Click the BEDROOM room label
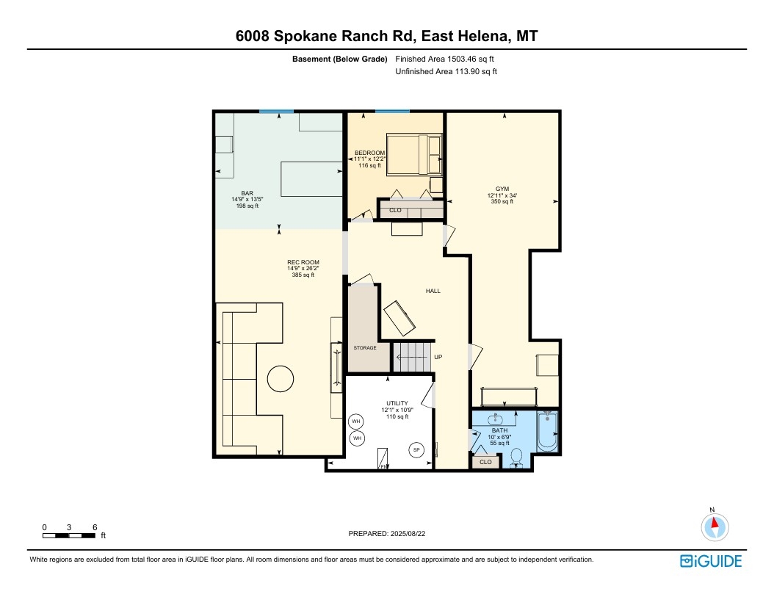tap(369, 153)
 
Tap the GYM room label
tap(502, 189)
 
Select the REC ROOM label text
tap(303, 262)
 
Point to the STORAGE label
tap(365, 347)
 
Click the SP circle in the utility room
tap(416, 449)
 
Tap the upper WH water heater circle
tap(357, 421)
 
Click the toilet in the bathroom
tap(516, 457)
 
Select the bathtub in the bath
tap(547, 433)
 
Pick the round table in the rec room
tap(280, 379)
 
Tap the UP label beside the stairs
tap(438, 357)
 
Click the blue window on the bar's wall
tap(276, 111)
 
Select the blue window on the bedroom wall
tap(392, 111)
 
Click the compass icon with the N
tap(714, 526)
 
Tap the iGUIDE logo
tap(711, 561)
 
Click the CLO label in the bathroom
tap(485, 462)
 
